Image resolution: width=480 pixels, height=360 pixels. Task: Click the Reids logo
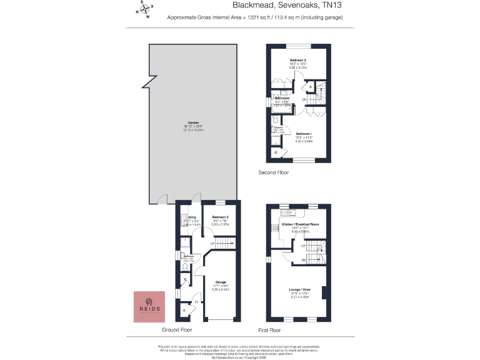point(149,306)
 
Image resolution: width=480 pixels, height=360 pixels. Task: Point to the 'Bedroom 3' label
point(221,217)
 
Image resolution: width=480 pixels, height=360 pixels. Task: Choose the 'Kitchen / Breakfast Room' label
point(301,224)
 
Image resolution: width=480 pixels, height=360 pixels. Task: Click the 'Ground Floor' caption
point(177,329)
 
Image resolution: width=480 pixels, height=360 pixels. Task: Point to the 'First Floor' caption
point(269,329)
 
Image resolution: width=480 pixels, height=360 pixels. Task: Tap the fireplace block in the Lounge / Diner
point(324,292)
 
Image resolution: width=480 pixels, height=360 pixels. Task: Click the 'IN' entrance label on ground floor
point(196,301)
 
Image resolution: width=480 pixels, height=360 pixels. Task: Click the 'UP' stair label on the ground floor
point(212,243)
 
